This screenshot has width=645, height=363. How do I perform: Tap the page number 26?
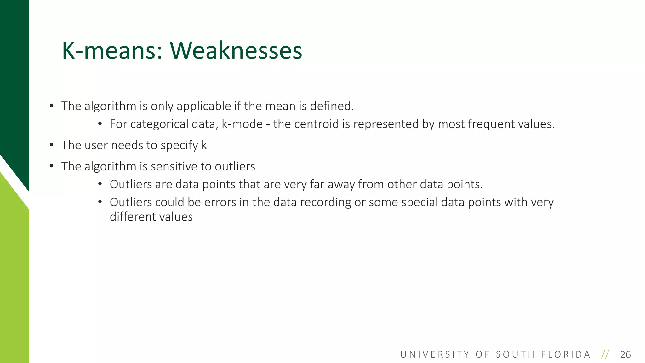(x=625, y=355)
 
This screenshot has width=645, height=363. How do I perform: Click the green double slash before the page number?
(x=605, y=355)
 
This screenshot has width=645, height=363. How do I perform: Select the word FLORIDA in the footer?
(x=566, y=355)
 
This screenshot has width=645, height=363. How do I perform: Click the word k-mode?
(x=242, y=124)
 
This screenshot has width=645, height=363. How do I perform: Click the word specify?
(x=179, y=145)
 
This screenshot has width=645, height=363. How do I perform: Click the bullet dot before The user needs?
(x=52, y=145)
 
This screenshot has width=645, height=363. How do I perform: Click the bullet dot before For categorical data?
(x=100, y=124)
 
